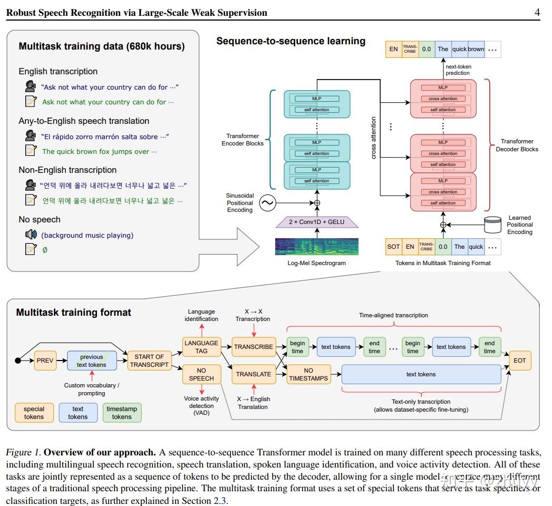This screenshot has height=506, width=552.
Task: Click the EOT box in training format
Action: pyautogui.click(x=520, y=361)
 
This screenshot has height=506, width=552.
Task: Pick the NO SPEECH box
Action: pyautogui.click(x=201, y=374)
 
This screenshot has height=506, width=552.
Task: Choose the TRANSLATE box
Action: pyautogui.click(x=254, y=374)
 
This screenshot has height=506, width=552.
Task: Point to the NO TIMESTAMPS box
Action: pyautogui.click(x=308, y=374)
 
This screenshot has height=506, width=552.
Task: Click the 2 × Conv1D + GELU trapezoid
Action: pyautogui.click(x=317, y=222)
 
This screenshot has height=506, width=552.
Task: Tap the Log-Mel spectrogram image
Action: pyautogui.click(x=317, y=246)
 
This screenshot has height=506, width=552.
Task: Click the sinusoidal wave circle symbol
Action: pyautogui.click(x=267, y=203)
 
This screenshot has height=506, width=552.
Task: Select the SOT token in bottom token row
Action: pyautogui.click(x=393, y=247)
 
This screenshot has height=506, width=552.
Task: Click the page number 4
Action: pyautogui.click(x=537, y=13)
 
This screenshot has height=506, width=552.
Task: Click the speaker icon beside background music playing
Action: pyautogui.click(x=31, y=235)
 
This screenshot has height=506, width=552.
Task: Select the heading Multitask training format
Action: pyautogui.click(x=73, y=312)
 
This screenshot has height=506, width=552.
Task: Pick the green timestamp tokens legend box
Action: pyautogui.click(x=121, y=413)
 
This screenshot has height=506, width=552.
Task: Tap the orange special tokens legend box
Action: pyautogui.click(x=34, y=413)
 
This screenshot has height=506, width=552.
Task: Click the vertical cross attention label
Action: pyautogui.click(x=374, y=138)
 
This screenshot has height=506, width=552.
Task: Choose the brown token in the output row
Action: pyautogui.click(x=476, y=49)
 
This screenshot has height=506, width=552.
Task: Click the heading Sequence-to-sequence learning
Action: pyautogui.click(x=290, y=41)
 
